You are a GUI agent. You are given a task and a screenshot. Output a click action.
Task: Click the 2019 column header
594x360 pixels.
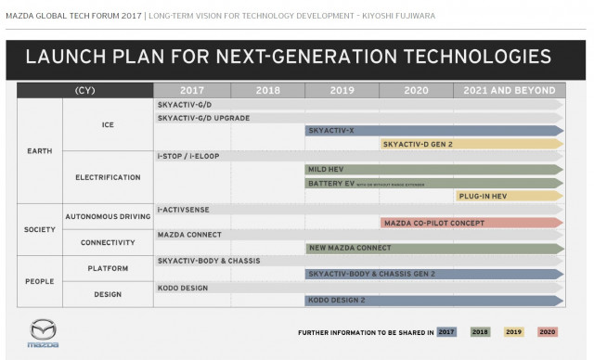coord(341,91)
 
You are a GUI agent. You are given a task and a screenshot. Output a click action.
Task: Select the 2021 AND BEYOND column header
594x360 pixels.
coord(508,91)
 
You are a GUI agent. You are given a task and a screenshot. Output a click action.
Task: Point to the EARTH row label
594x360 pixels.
coord(39,150)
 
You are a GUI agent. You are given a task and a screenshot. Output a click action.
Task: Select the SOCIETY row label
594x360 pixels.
coord(39,229)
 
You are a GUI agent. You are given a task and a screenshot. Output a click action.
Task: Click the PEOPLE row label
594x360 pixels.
coord(39,281)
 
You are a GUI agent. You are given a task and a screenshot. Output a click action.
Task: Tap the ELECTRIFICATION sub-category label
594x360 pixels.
coord(108,176)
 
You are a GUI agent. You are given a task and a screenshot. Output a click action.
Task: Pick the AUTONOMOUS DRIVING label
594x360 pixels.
coord(108,216)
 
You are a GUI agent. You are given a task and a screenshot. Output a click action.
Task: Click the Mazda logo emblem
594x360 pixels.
coord(45,330)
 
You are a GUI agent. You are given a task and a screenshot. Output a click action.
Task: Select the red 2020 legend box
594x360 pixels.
coord(548,331)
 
